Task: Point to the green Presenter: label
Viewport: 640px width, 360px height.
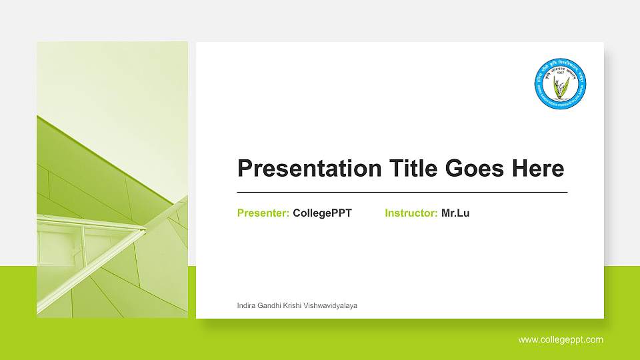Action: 263,213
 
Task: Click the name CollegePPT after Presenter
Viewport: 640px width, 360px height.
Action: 322,213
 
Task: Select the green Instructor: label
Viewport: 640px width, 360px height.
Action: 411,213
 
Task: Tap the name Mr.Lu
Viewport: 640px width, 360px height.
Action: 455,213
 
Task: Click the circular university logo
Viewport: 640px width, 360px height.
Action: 560,83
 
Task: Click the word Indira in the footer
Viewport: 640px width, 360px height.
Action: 247,305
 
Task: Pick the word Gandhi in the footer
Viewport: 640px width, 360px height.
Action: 271,305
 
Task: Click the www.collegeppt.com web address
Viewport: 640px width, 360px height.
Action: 561,339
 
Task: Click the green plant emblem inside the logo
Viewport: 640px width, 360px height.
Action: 561,85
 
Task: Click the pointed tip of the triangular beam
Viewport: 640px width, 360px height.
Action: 145,230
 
